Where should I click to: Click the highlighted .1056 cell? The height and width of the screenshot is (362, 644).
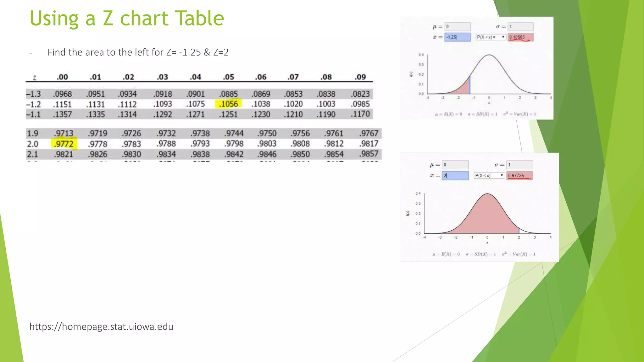[x=229, y=104]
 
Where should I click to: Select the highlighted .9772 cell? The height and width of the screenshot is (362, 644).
[x=64, y=144]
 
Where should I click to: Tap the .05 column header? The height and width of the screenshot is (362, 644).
[x=229, y=77]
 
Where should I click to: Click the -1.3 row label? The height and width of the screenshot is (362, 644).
[x=33, y=94]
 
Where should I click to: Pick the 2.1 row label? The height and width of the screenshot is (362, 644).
[x=32, y=154]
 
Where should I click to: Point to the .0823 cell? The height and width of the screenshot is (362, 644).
[x=361, y=94]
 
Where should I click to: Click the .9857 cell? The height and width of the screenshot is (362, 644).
[x=369, y=154]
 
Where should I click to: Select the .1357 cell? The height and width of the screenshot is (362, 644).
[x=62, y=114]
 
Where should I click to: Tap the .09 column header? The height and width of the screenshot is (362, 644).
[x=360, y=77]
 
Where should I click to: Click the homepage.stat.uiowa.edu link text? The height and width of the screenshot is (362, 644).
[x=101, y=326]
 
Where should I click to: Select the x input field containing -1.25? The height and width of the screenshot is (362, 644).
[x=458, y=37]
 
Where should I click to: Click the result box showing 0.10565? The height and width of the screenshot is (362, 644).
[x=520, y=37]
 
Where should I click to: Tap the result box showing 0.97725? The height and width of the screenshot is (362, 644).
[x=519, y=175]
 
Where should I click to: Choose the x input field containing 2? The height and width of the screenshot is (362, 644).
[x=455, y=175]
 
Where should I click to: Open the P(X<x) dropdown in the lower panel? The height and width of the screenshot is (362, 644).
[x=489, y=175]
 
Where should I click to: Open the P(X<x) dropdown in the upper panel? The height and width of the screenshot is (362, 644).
[x=491, y=37]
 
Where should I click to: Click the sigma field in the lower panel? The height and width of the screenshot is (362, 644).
[x=519, y=165]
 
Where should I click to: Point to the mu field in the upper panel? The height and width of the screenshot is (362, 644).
[x=458, y=27]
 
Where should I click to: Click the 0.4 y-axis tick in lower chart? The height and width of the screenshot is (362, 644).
[x=418, y=194]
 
